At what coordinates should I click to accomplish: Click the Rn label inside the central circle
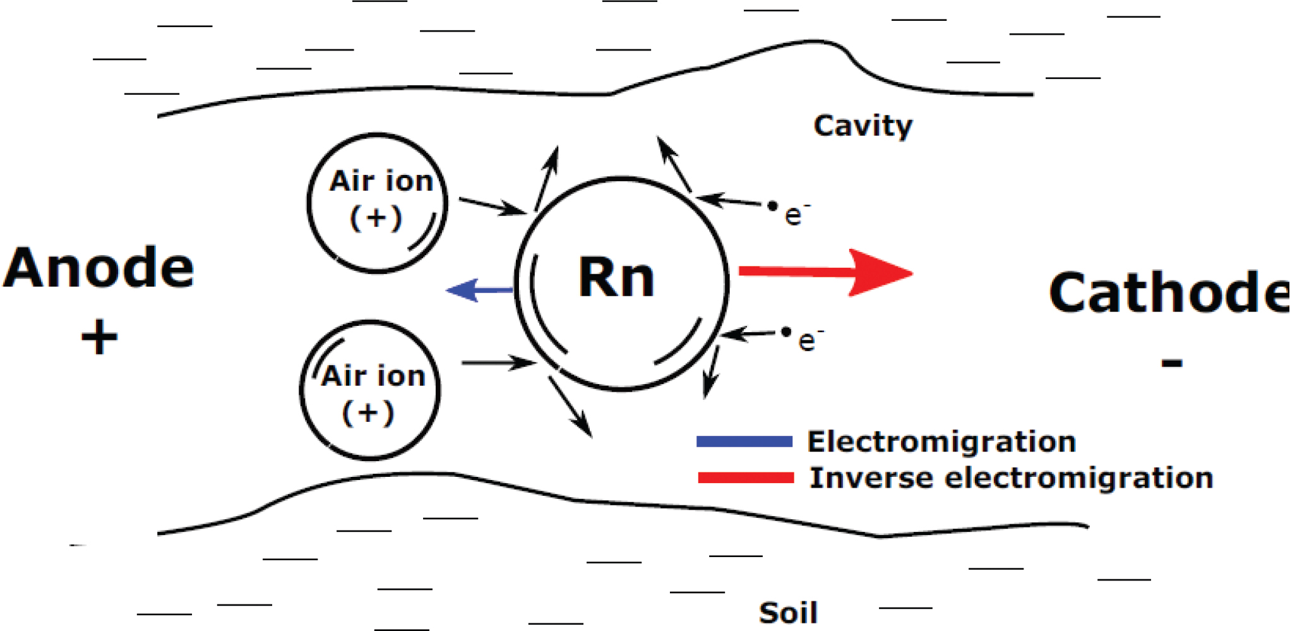coord(617,278)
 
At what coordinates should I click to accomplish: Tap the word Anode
coord(99,268)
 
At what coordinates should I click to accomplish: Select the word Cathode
coord(1168,292)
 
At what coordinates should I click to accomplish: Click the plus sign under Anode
coord(99,337)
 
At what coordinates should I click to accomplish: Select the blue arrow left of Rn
coord(479,290)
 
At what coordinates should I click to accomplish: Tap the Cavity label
coord(863,126)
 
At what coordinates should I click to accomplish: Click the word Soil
coord(788,613)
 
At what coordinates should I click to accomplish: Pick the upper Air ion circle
coord(378,203)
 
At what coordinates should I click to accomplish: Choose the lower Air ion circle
coord(370,390)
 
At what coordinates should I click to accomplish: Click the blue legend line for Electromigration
coord(744,442)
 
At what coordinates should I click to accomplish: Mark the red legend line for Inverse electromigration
coord(746,478)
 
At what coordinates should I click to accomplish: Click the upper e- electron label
coord(794,215)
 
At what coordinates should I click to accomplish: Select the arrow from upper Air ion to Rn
coord(492,206)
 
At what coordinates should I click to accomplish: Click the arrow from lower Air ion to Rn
coord(498,363)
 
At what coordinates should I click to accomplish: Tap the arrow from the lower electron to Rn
coord(749,334)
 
